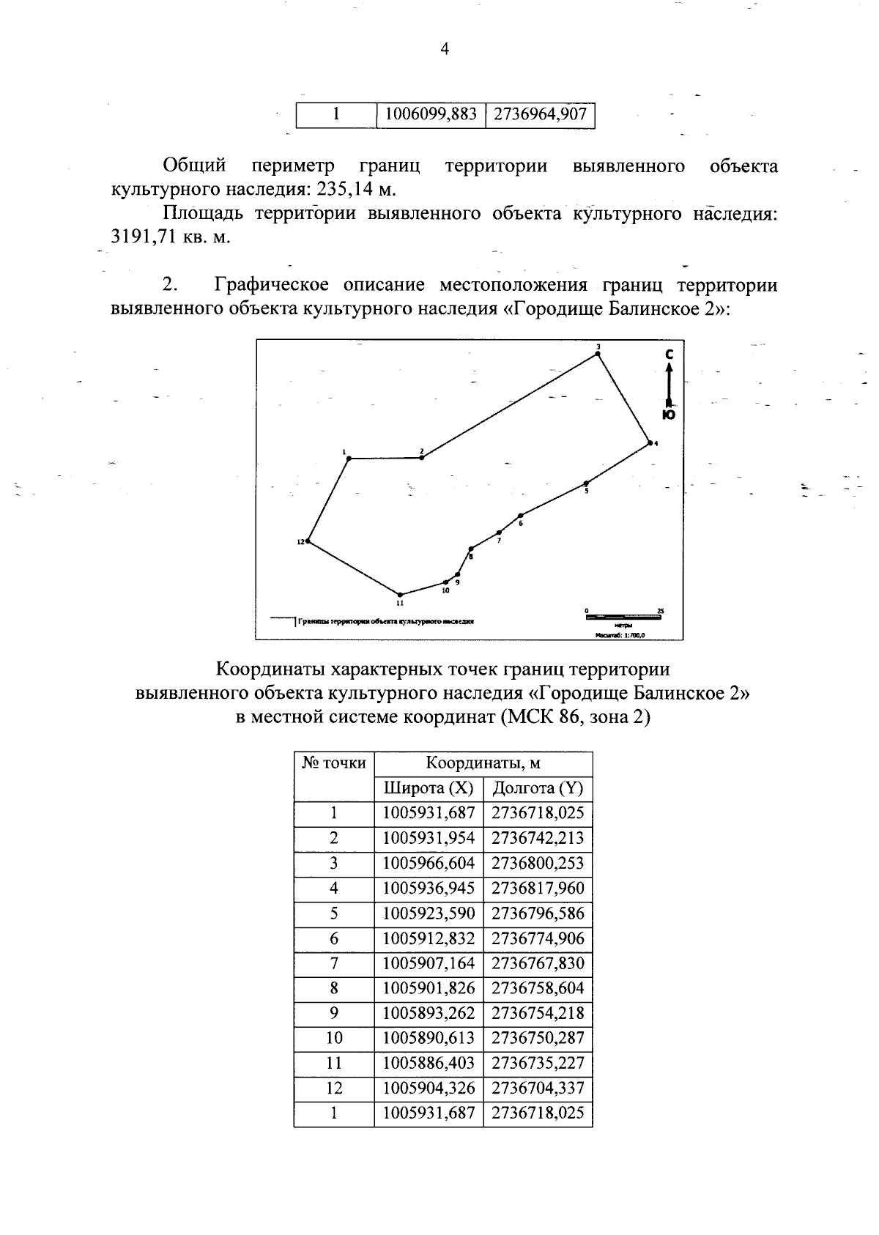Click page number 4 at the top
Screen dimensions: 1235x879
(443, 49)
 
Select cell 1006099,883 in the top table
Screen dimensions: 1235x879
(430, 114)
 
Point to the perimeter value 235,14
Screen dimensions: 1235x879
(344, 189)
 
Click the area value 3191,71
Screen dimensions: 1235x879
(139, 237)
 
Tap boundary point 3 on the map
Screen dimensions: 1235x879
(598, 354)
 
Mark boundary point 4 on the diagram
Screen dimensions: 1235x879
(649, 443)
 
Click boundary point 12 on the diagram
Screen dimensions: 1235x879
(308, 541)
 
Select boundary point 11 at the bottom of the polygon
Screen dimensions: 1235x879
(400, 595)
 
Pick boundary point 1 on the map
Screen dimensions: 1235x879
(349, 459)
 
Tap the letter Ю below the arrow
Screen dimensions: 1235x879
(668, 415)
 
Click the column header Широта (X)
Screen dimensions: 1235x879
(429, 788)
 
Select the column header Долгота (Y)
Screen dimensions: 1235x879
(538, 788)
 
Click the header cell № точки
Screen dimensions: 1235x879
(334, 763)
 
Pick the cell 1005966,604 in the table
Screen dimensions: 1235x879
(429, 864)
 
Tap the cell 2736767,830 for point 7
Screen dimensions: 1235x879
(538, 963)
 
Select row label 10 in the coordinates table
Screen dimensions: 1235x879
(334, 1038)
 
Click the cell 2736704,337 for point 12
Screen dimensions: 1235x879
(538, 1088)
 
